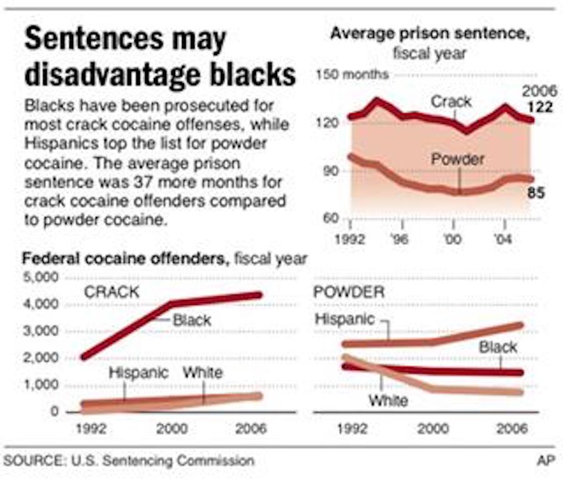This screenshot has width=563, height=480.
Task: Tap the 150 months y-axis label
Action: (x=353, y=75)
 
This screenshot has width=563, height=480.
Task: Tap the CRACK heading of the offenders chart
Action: (x=111, y=291)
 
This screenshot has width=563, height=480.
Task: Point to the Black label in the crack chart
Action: (x=192, y=320)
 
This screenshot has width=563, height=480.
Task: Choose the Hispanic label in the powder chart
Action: (x=344, y=319)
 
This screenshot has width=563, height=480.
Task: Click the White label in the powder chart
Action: (x=388, y=401)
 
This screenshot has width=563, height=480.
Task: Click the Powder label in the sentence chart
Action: (x=457, y=159)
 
